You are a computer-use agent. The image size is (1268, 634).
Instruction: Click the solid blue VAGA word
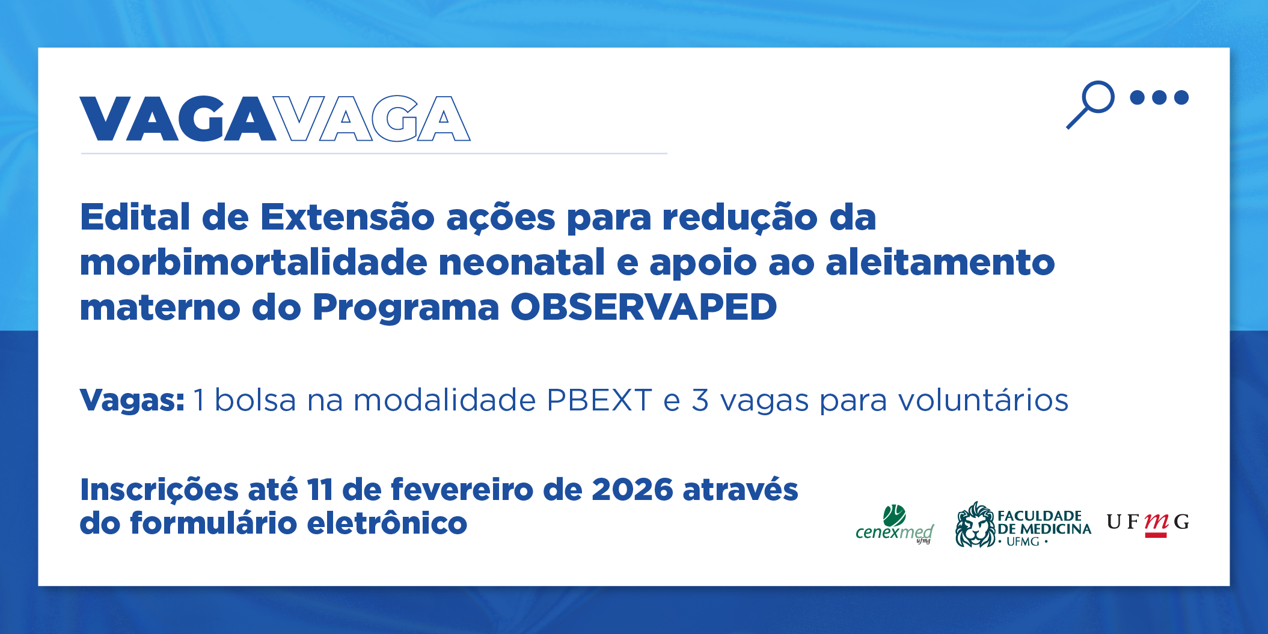(x=178, y=118)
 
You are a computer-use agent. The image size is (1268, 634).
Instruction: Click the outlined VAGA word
(x=373, y=118)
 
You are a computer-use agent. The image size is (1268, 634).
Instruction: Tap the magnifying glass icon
(x=1090, y=105)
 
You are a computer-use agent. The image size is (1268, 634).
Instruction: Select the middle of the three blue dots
(x=1159, y=97)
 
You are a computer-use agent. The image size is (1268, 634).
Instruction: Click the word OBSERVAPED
(x=644, y=307)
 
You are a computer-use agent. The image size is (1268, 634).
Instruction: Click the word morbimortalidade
(x=253, y=262)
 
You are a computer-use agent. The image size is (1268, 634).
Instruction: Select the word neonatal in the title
(x=522, y=262)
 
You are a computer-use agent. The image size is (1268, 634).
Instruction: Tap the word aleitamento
(x=940, y=262)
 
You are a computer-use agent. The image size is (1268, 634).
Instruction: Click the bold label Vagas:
(x=132, y=400)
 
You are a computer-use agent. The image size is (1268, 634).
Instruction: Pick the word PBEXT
(x=599, y=400)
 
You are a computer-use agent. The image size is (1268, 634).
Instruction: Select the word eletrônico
(x=387, y=523)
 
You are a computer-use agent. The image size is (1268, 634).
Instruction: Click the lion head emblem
(x=975, y=525)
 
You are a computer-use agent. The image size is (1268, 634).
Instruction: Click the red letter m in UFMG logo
(x=1156, y=522)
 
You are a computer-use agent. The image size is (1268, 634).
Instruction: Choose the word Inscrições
(x=159, y=490)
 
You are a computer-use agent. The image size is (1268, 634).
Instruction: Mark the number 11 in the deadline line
(x=320, y=490)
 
